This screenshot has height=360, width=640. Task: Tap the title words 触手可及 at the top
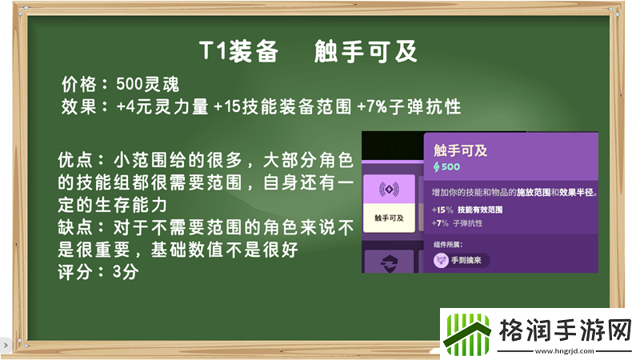[x=366, y=52]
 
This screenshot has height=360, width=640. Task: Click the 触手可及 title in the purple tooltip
[x=461, y=150]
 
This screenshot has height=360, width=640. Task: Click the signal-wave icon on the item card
[x=389, y=190]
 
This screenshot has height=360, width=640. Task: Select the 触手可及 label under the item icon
[x=389, y=217]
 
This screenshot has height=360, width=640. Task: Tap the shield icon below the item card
[x=389, y=262]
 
